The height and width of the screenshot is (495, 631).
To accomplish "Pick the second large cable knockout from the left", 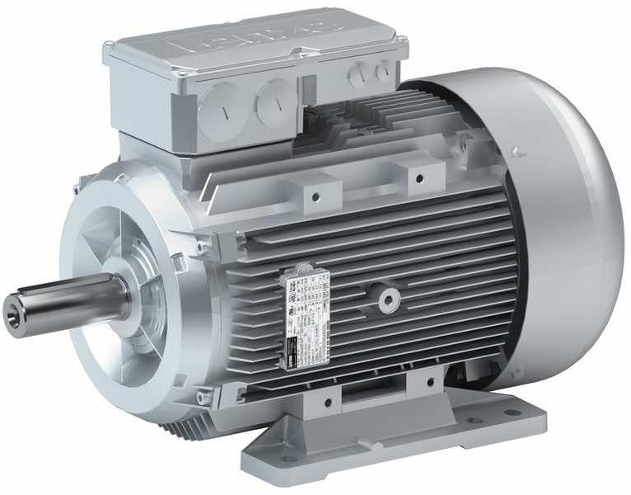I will click(x=271, y=103).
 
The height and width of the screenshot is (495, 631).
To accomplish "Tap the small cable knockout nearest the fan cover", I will click(x=380, y=73).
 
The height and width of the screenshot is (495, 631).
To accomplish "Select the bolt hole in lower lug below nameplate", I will click(x=328, y=402).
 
